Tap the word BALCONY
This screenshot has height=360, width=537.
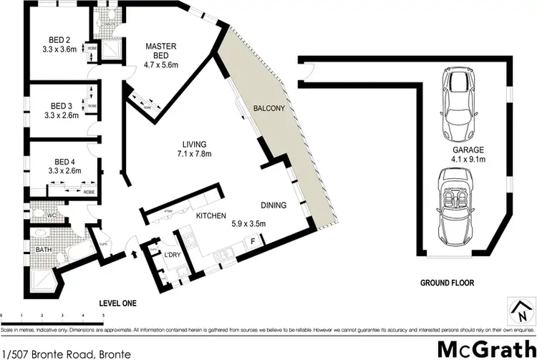click(x=268, y=109)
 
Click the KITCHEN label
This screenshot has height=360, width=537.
click(x=211, y=216)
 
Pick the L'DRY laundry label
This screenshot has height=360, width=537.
click(x=172, y=256)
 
